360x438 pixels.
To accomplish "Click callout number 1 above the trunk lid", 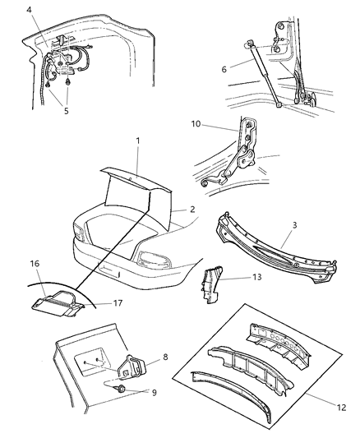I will [x=138, y=141].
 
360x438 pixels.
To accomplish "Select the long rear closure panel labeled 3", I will [x=279, y=258].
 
